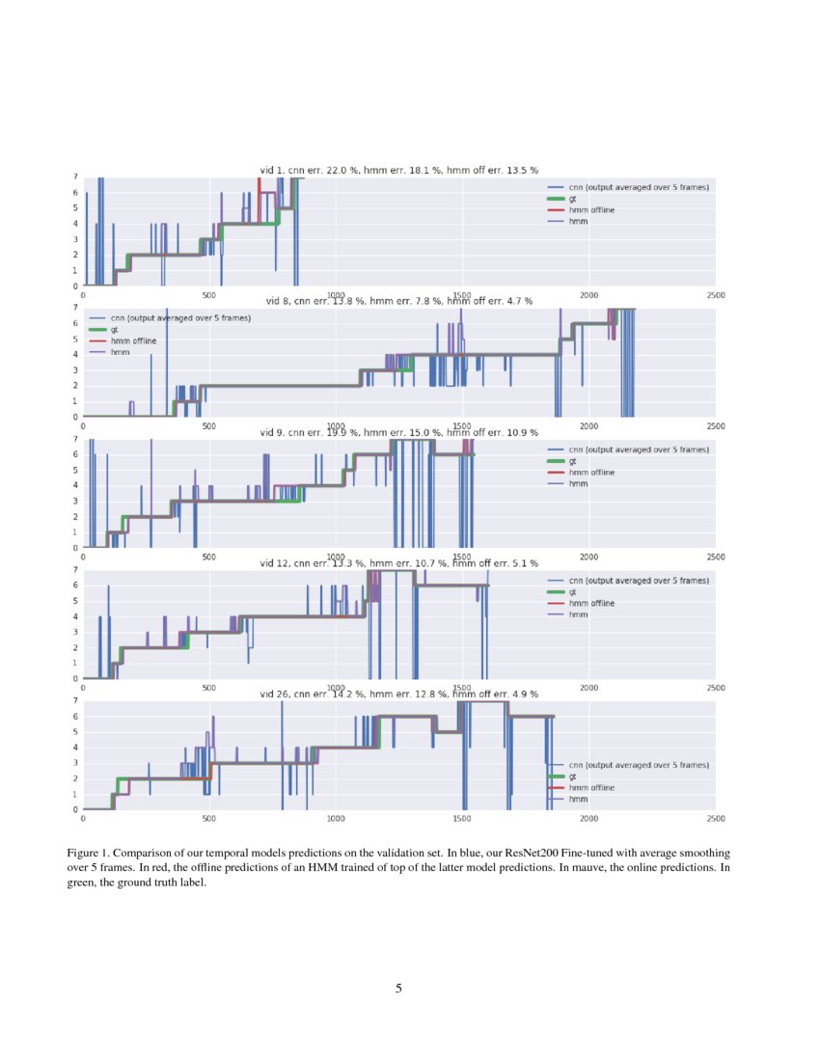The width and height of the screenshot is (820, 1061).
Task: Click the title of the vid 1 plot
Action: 397,171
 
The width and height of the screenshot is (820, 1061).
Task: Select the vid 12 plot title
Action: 397,563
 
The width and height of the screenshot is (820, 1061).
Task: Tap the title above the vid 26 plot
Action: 397,694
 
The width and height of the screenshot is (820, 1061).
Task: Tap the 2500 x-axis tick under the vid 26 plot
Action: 716,819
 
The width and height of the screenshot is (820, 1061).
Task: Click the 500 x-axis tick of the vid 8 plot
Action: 209,425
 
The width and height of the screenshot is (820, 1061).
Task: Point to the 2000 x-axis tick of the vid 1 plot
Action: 588,295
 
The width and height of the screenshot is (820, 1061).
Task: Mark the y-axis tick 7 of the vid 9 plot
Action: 75,439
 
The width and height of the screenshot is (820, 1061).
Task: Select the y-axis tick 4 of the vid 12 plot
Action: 75,616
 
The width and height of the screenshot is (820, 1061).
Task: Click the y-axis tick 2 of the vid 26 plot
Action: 75,778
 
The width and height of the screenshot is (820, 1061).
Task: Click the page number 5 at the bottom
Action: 398,988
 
